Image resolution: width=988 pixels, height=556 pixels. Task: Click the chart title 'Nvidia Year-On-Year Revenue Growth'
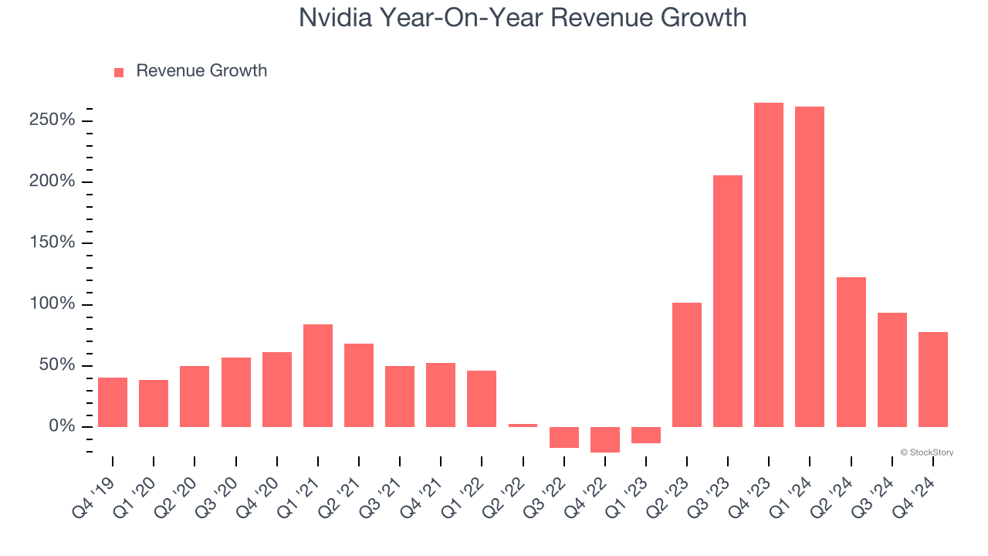(523, 18)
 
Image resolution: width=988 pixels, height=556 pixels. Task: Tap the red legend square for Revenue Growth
(119, 72)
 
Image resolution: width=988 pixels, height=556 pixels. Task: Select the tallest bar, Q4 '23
(769, 265)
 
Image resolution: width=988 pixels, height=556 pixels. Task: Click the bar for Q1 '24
(810, 266)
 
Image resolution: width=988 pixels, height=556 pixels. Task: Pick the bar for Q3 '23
(728, 301)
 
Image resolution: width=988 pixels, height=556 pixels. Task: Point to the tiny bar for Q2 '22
(523, 425)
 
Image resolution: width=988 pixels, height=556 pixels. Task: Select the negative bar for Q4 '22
(605, 439)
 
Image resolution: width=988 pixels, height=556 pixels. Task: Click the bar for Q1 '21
(318, 375)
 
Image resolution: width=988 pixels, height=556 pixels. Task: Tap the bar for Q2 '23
(687, 364)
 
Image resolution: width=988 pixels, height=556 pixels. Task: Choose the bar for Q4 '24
(933, 379)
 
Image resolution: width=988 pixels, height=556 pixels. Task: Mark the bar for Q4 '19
(113, 402)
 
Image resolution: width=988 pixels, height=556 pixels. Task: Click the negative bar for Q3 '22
(564, 437)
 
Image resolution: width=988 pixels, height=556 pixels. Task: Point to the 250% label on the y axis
(53, 120)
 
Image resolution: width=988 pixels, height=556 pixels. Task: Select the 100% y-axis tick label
(53, 304)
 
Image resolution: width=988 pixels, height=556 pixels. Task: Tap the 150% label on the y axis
(53, 243)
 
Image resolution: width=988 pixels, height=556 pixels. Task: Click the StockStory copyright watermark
(926, 453)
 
